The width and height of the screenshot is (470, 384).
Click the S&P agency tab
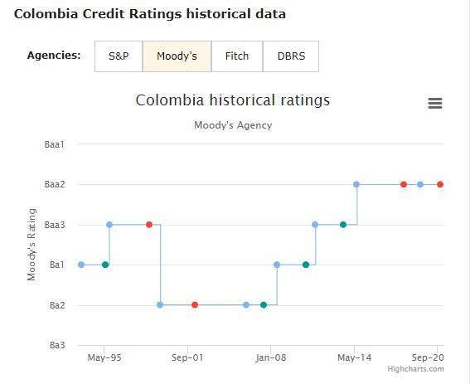(119, 56)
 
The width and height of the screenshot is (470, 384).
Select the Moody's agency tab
(177, 56)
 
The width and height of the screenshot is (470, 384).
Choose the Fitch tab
(236, 56)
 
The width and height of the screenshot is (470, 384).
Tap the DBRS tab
(291, 56)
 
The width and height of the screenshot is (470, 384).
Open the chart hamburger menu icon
(434, 103)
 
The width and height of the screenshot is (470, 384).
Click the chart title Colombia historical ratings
(232, 100)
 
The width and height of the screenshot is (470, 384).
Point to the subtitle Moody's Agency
(232, 125)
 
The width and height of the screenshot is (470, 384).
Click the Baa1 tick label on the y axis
(54, 144)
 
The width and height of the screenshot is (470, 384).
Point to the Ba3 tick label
(56, 345)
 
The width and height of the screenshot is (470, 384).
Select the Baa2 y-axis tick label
(54, 184)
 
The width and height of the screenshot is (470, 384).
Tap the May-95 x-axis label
(104, 358)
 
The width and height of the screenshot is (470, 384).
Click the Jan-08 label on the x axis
(271, 358)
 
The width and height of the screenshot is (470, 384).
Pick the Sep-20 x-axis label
(429, 358)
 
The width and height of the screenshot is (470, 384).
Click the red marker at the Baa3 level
(149, 224)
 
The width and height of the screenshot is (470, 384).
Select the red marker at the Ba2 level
(195, 304)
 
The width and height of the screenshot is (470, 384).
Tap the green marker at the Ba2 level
(264, 304)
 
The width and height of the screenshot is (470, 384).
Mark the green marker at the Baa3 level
(343, 224)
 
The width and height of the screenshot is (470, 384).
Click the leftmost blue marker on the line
(81, 265)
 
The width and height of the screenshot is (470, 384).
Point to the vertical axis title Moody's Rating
(31, 245)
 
